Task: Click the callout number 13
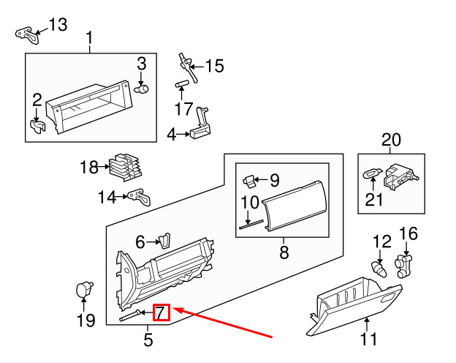(x=57, y=25)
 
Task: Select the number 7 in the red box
(x=161, y=314)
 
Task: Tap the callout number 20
(x=391, y=140)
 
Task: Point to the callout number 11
(x=368, y=339)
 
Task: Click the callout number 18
(x=88, y=168)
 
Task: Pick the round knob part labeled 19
(x=84, y=289)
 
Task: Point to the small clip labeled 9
(x=249, y=179)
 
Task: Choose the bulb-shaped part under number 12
(x=379, y=268)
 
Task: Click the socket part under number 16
(x=406, y=266)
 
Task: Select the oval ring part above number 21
(x=372, y=174)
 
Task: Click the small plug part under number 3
(x=143, y=89)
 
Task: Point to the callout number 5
(x=148, y=340)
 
